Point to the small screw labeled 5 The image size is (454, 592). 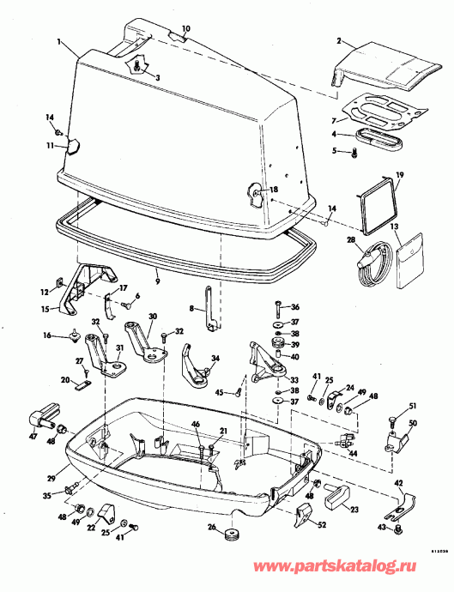354,152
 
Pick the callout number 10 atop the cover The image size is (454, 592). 186,28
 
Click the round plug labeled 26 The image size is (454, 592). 230,536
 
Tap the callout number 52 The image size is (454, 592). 322,525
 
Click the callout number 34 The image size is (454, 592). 216,359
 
